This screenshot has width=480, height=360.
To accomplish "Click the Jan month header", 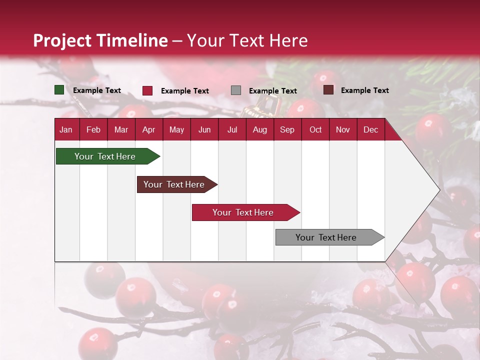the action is pos(66,130).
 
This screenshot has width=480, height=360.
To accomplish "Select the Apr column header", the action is pos(149,130).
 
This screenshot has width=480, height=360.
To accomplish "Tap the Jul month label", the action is pos(232,130).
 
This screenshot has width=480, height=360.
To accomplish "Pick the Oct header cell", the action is pos(315,130).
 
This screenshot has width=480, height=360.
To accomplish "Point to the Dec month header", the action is pos(370,130).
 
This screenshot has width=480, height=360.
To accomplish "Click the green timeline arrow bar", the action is pos(108,156).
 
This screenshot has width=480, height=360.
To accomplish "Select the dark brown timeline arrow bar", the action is pos(177,184).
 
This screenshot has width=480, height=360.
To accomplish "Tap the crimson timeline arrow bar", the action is pos(246,212).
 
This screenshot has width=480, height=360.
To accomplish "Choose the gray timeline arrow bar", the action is pos(330,237).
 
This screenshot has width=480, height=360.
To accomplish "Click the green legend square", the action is pos(59,90).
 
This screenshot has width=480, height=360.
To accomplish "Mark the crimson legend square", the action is pos(147,90).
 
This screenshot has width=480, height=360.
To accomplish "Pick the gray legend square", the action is pos(235,90).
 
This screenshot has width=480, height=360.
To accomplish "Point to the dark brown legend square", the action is pos(328,90).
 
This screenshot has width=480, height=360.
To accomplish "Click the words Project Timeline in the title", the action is pos(100,40).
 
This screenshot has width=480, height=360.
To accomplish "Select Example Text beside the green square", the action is pos(96,90).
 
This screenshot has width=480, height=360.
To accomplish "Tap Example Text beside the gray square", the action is pos(273,91).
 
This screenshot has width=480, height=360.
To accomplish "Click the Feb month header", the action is pos(93,130).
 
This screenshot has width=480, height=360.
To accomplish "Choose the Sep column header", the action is pos(287,130).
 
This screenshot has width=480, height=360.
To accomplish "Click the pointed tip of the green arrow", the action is pos(160,156).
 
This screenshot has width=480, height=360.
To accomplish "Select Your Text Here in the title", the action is pos(247,40).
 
